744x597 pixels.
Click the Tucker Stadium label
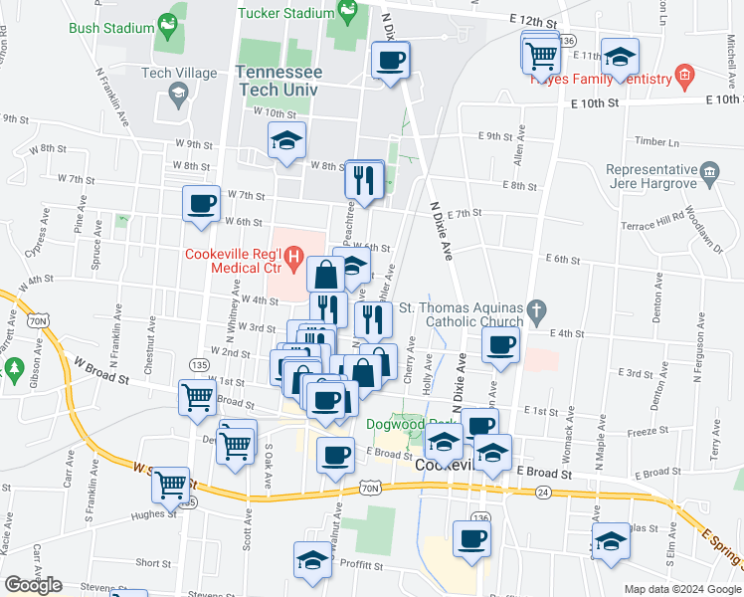click(x=284, y=13)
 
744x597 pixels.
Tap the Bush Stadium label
click(x=108, y=27)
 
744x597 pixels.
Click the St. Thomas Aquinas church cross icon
click(x=537, y=308)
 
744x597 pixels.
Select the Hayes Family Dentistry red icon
click(x=683, y=75)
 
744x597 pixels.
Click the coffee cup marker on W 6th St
click(x=202, y=204)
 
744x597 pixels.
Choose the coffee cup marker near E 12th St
click(x=390, y=60)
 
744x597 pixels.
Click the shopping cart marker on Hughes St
click(x=173, y=485)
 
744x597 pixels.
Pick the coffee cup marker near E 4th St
click(x=500, y=344)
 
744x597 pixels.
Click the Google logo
click(x=33, y=585)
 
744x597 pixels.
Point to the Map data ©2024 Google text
click(x=682, y=589)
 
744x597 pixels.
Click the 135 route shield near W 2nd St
click(x=200, y=366)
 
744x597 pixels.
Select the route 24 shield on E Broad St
click(x=541, y=492)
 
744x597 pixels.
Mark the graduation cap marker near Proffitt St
click(x=312, y=559)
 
